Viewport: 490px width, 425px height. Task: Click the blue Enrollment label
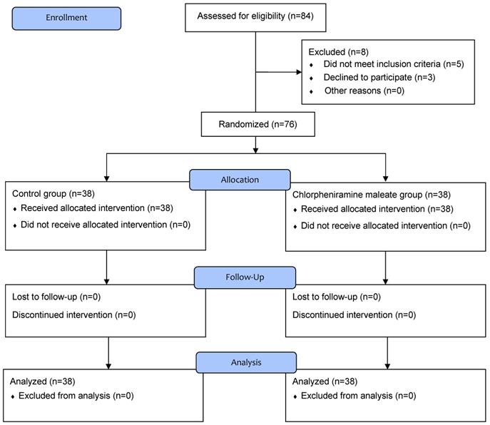point(66,19)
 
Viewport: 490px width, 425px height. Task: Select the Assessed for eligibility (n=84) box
point(255,18)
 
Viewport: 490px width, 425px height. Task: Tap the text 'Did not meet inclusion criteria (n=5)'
point(394,64)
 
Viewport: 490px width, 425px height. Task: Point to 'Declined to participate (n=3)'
point(379,78)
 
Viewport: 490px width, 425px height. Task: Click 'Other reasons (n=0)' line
point(364,91)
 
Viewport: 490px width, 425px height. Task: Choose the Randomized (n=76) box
point(257,124)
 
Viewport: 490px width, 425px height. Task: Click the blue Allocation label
point(240,180)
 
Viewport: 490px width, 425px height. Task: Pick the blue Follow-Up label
point(245,277)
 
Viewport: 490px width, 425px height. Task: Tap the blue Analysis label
point(246,362)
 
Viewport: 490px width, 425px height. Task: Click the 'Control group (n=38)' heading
point(53,194)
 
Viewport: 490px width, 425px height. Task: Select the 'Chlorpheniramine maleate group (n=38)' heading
point(372,195)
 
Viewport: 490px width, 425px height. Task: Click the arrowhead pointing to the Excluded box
point(299,72)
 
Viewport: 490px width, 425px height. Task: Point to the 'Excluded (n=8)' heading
point(339,52)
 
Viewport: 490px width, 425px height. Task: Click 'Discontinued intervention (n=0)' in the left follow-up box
point(73,314)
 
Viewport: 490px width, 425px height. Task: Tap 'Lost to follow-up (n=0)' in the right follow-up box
point(336,297)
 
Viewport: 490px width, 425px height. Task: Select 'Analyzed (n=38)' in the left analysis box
point(43,382)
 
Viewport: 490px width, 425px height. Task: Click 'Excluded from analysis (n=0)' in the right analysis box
point(359,396)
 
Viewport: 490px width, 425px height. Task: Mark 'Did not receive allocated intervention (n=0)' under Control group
point(106,225)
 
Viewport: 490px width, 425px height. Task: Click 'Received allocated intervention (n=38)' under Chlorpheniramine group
point(377,209)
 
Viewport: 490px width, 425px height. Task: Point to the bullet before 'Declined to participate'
point(311,78)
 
